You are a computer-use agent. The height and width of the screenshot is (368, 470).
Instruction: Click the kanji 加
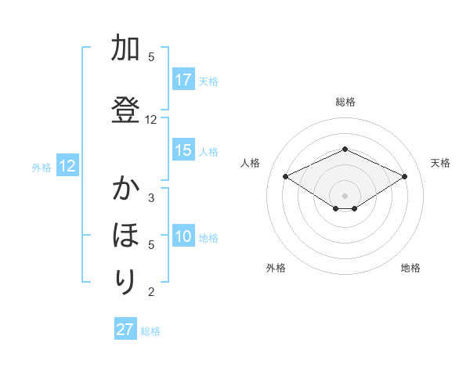click(125, 49)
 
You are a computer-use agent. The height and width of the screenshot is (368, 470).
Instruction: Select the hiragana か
click(125, 190)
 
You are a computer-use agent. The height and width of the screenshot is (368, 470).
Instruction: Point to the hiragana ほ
click(125, 236)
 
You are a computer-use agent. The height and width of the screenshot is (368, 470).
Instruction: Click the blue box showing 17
click(183, 80)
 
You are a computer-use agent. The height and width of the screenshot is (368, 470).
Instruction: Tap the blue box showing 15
click(183, 150)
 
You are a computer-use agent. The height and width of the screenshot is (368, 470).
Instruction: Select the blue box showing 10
click(183, 237)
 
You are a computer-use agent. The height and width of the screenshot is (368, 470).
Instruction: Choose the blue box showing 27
click(125, 330)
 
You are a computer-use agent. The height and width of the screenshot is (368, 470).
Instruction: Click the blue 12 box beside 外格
click(67, 166)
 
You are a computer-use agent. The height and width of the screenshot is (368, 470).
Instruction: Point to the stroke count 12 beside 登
click(151, 120)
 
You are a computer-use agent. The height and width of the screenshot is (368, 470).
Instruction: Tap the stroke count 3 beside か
click(151, 197)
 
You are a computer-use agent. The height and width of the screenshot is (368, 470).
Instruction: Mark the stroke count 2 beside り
click(151, 293)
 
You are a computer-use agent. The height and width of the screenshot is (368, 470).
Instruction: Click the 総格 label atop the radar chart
click(345, 102)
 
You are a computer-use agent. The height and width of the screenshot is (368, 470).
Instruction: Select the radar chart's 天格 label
click(440, 163)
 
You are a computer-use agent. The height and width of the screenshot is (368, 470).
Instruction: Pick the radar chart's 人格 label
click(251, 163)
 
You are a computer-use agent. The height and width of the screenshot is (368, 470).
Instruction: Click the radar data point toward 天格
click(405, 176)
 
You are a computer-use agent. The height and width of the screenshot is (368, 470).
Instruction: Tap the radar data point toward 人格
click(286, 176)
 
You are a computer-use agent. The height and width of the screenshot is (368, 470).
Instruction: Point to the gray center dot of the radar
click(345, 195)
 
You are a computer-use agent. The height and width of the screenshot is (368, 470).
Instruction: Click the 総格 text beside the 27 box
click(150, 331)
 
